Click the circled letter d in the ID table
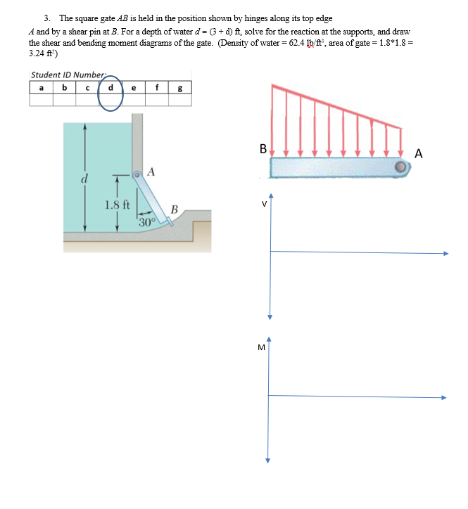(110, 89)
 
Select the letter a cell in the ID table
(41, 89)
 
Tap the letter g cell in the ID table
(181, 89)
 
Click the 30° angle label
(146, 223)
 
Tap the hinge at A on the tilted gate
(139, 174)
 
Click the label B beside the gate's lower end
(174, 209)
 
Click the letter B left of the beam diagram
(263, 149)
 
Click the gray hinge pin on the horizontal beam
(400, 167)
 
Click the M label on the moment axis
(261, 347)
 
